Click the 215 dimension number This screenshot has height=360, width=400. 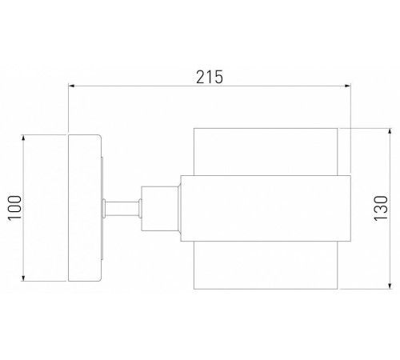210,77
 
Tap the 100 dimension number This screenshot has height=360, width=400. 14,208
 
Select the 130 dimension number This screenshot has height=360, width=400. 381,208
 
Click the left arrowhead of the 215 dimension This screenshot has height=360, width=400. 71,86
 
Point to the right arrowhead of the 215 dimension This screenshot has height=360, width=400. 347,86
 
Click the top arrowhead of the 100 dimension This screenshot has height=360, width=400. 23,138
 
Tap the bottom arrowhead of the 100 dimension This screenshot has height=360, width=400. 23,278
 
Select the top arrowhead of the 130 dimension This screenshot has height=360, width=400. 390,131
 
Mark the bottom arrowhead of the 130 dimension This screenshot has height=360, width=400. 390,286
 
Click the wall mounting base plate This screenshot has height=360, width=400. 84,208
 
